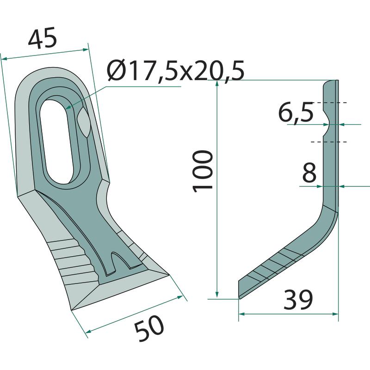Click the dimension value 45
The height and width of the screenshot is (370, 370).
[x=43, y=38]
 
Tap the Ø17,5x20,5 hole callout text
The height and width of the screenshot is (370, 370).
[x=175, y=71]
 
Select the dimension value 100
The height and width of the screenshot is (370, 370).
[x=203, y=171]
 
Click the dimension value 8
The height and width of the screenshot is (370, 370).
[x=309, y=173]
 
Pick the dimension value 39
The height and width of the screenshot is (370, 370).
[x=298, y=300]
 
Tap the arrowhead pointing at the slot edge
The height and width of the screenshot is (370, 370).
[x=68, y=107]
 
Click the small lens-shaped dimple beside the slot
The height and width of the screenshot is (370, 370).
[x=83, y=122]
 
